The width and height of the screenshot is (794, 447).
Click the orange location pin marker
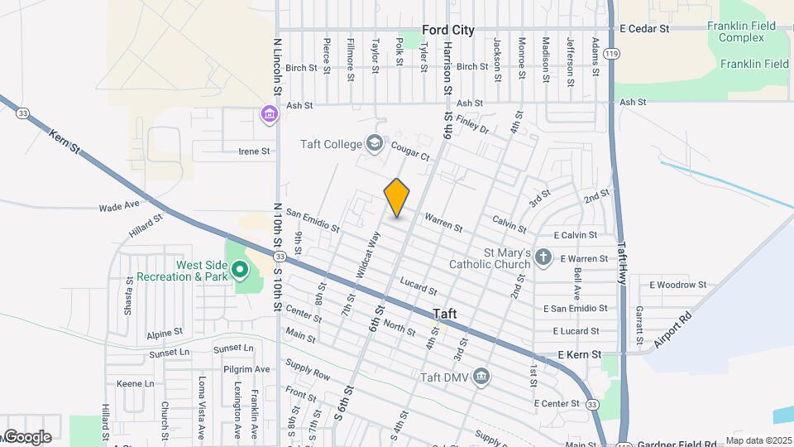tap(397, 198)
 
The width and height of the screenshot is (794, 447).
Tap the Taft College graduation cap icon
tap(375, 144)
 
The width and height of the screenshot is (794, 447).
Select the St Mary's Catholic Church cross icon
tap(543, 257)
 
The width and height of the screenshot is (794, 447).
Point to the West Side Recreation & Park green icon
tap(240, 269)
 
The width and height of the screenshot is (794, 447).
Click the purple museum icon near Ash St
tap(269, 113)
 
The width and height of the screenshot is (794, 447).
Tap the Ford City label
tap(448, 30)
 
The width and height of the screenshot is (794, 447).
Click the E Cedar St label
tap(644, 29)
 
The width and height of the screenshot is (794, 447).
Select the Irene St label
tap(254, 151)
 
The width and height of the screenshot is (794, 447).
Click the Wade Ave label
tap(116, 208)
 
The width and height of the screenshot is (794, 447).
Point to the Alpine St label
tap(164, 332)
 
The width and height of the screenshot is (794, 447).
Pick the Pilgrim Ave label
tap(251, 368)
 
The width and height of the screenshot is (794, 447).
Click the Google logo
tap(26, 437)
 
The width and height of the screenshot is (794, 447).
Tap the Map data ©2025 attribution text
tap(758, 440)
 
